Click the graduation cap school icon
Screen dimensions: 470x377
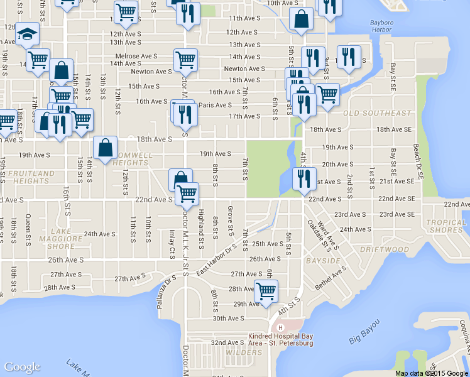click(26, 35)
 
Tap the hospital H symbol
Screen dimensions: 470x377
click(280, 327)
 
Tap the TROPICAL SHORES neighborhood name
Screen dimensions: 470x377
click(446, 226)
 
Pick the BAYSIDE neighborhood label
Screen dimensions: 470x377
click(323, 260)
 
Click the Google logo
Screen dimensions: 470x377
click(21, 367)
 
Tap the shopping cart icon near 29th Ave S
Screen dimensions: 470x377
click(266, 291)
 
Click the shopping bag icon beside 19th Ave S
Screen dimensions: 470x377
click(105, 148)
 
